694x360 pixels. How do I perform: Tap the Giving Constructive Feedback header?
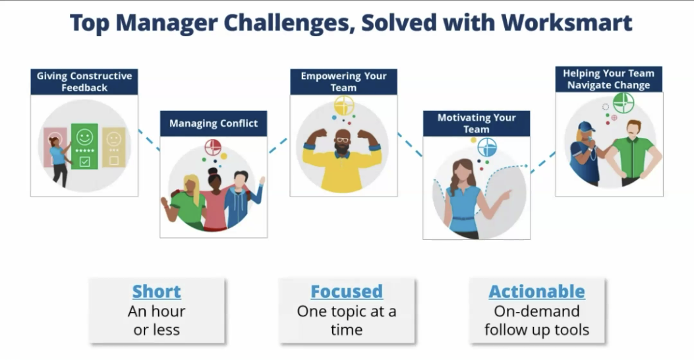pos(84,82)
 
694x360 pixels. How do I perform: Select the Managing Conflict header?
pos(214,123)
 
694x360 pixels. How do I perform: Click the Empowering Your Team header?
pos(343,81)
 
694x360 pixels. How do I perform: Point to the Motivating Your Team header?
pos(476,123)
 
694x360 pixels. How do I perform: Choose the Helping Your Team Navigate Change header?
pos(609,79)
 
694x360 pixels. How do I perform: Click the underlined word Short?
pos(156,291)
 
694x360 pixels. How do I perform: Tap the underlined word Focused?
pos(347,291)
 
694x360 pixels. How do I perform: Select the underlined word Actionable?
pos(536,291)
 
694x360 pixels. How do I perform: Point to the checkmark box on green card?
pos(84,160)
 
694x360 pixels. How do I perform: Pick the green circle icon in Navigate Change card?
pos(623,102)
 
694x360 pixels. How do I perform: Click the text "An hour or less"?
pos(156,320)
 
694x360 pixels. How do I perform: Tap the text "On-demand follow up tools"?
pos(536,320)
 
